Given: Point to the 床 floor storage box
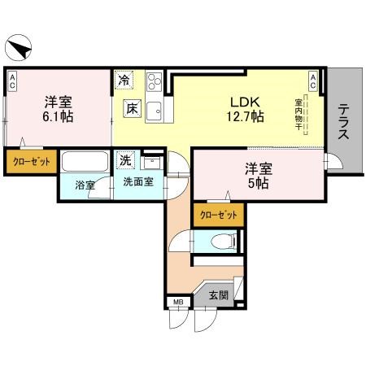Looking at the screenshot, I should tap(130, 107).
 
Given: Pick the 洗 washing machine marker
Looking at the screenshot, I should tap(125, 159).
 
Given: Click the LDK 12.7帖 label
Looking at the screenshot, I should tap(245, 109).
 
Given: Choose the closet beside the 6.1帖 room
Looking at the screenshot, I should tap(31, 162).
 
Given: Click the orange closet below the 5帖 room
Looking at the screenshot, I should tap(219, 215).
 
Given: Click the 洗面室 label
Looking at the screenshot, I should tap(137, 184).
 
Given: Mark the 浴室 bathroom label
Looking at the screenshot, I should tap(85, 185).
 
